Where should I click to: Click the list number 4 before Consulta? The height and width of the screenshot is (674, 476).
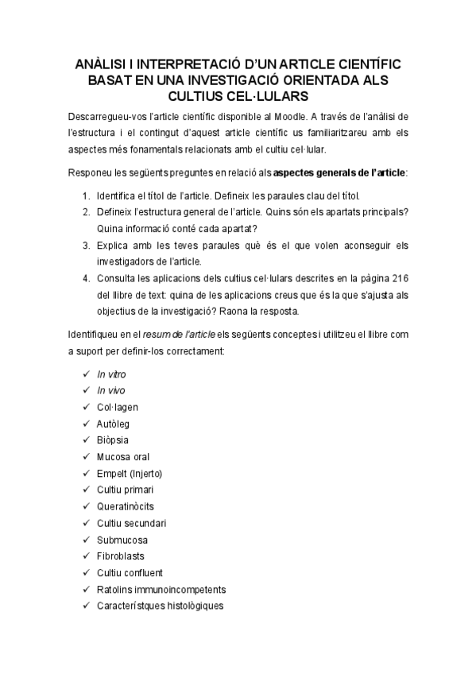[x=86, y=278]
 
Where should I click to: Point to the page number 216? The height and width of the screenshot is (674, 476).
[x=398, y=278]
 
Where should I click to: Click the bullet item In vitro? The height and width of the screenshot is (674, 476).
[x=111, y=374]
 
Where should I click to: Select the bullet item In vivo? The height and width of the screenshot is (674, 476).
[x=111, y=390]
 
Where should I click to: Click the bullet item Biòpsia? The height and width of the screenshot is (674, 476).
[x=114, y=440]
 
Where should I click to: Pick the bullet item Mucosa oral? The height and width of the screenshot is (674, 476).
[x=122, y=456]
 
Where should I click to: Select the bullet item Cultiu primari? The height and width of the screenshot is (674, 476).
[x=125, y=490]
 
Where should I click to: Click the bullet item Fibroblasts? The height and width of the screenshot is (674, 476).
[x=120, y=556]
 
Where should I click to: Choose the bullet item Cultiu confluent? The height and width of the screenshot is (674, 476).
[x=130, y=572]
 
